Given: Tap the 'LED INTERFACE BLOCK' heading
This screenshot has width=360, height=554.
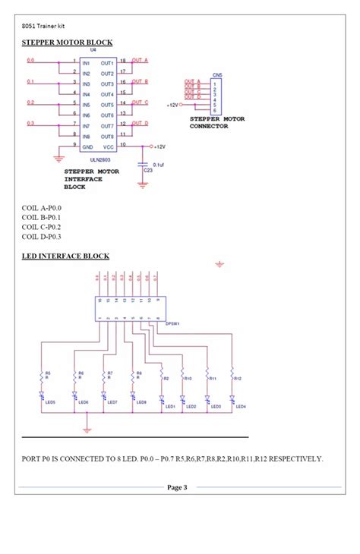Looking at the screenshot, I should pos(65,256).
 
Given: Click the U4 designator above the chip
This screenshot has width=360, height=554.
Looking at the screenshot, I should pos(93,50).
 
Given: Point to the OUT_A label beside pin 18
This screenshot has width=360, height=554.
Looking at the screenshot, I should pos(141,59).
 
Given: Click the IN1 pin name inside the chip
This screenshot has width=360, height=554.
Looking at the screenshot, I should pos(86,62).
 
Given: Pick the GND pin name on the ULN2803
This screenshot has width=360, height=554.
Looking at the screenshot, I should pos(87,146).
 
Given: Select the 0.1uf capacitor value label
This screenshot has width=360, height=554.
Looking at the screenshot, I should pos(159,164).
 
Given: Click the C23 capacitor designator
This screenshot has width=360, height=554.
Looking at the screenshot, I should pos(147,172).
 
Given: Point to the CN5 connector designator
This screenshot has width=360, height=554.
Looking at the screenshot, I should pos(216,75).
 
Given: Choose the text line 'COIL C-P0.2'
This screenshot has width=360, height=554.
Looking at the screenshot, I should pos(41,227).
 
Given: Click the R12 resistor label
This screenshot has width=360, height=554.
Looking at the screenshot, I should pos(238,377).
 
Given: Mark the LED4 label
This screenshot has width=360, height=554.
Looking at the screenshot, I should pos(241,407).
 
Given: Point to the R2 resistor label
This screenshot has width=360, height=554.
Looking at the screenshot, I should pos(166,377).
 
